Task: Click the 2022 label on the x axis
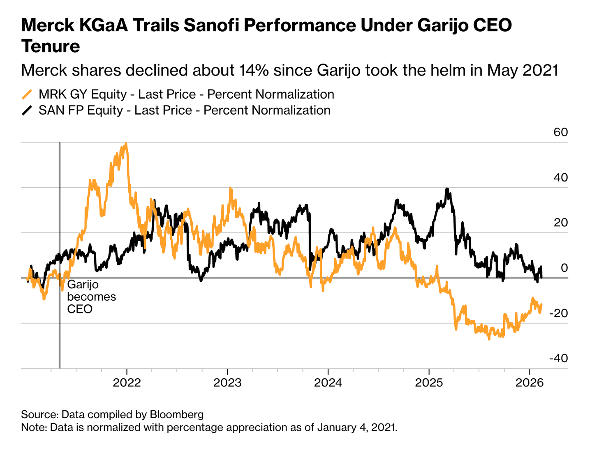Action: [x=127, y=383]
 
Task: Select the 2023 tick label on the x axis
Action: [x=227, y=383]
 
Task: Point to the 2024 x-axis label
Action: [x=328, y=383]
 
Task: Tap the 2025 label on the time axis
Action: [x=429, y=383]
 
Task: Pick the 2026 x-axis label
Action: [x=530, y=383]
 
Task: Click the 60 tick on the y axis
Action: [x=561, y=132]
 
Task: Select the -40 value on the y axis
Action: [x=558, y=358]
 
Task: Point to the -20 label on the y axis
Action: [x=558, y=313]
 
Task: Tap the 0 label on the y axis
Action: [x=564, y=268]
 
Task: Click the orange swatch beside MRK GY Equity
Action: [x=27, y=94]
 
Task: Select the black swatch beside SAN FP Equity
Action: [x=27, y=110]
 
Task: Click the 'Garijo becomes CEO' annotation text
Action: [x=91, y=297]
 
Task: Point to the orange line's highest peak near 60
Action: [x=126, y=144]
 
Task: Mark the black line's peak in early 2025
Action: [x=447, y=189]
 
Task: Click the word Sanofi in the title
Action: [x=210, y=25]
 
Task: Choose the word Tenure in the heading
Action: [x=51, y=46]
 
